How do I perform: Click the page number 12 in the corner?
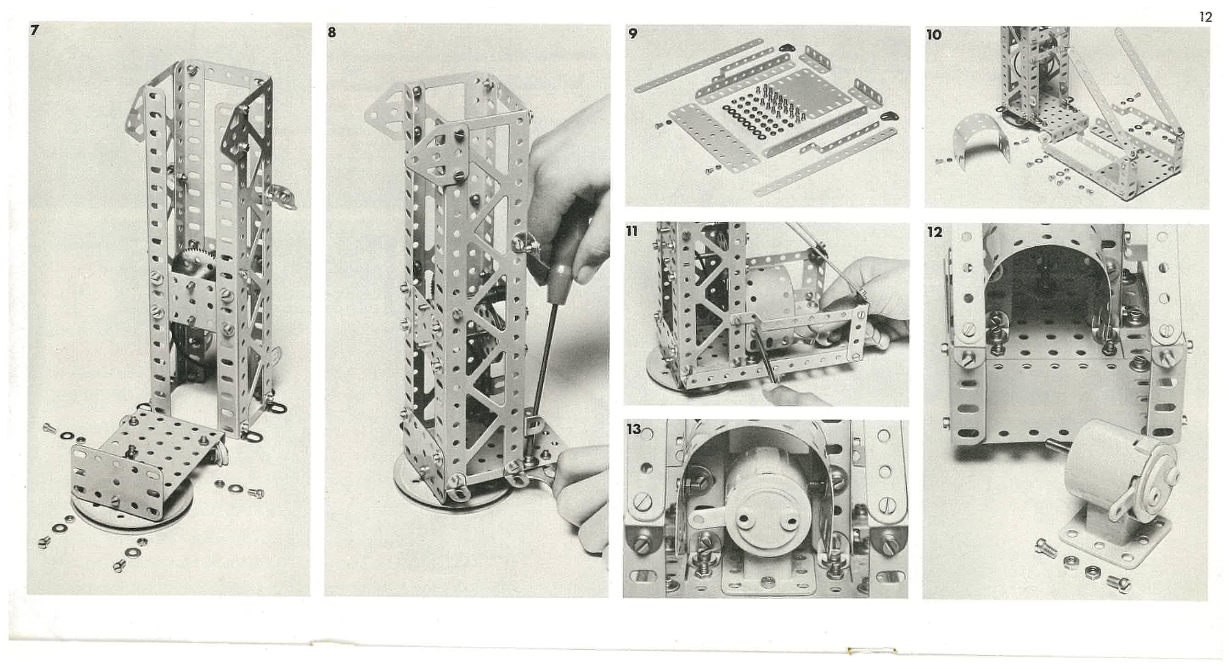(1205, 17)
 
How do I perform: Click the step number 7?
(34, 30)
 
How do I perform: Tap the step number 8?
(332, 33)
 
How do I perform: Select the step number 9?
(632, 34)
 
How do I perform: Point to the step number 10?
(934, 35)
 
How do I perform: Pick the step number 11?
(631, 232)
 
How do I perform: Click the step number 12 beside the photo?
(935, 232)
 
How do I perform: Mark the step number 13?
(634, 429)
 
